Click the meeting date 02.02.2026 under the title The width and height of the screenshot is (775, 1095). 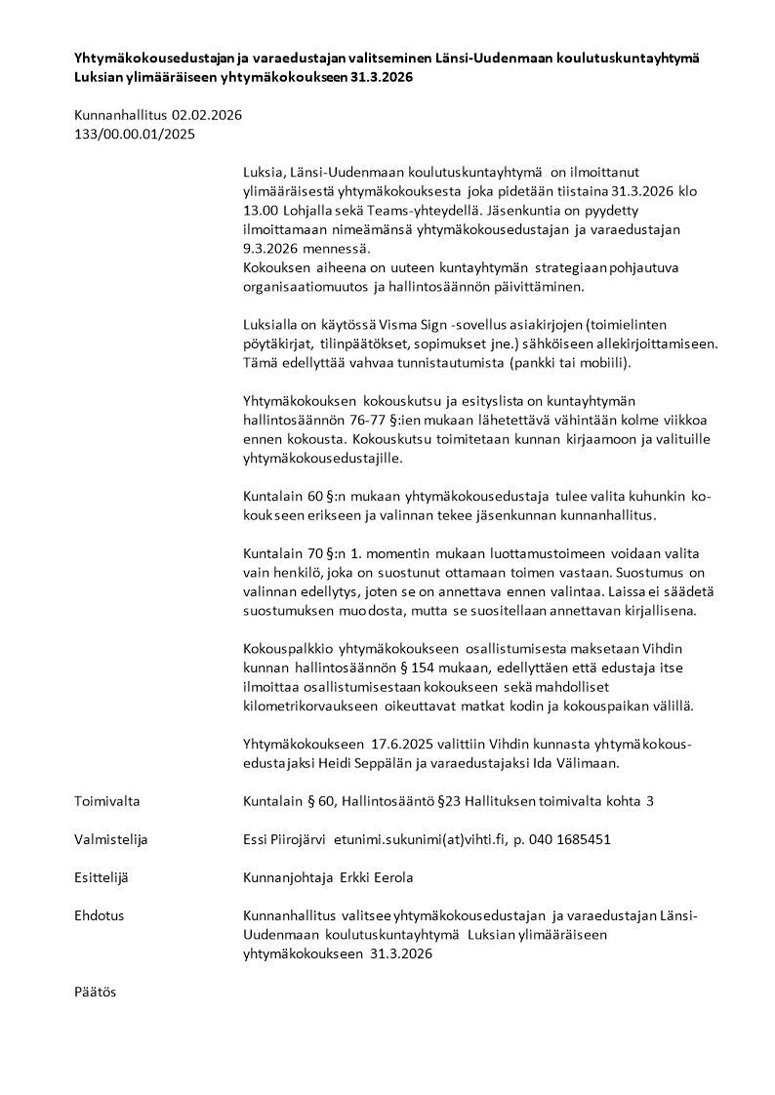[x=207, y=115]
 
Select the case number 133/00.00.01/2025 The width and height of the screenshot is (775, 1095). [x=135, y=134]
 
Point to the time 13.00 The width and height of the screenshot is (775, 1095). [x=261, y=210]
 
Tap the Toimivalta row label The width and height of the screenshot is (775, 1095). [x=107, y=801]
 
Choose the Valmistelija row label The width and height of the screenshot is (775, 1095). [x=111, y=839]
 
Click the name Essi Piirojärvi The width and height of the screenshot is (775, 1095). [x=284, y=839]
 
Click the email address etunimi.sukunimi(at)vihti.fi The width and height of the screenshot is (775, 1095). [x=415, y=839]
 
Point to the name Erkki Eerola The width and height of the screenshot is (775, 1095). [x=376, y=877]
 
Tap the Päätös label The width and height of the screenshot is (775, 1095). [x=95, y=992]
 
